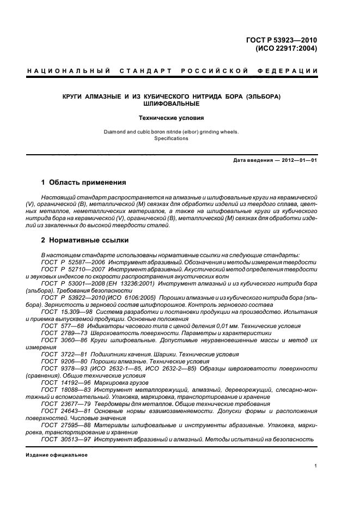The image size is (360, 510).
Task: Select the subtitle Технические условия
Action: point(178,117)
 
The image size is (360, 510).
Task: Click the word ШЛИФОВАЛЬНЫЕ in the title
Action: point(178,104)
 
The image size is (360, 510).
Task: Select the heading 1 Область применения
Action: point(84,182)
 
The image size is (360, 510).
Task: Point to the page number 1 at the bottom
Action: point(315,466)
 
